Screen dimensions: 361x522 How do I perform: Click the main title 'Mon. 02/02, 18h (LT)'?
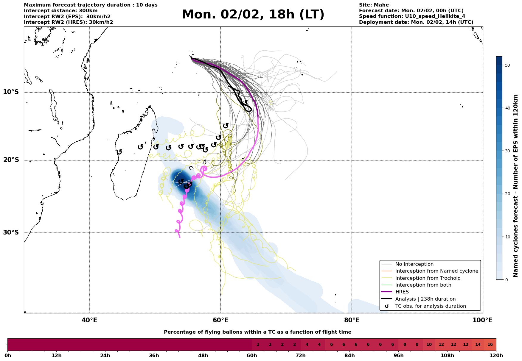coord(253,15)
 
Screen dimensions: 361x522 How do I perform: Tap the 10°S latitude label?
coord(11,92)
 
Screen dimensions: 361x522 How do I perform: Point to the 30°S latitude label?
coord(11,232)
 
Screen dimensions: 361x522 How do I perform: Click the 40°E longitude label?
coord(89,321)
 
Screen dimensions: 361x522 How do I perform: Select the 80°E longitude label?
coord(352,321)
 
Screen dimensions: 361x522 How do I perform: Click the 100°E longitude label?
coord(482,321)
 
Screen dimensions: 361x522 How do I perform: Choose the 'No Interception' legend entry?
coord(414,264)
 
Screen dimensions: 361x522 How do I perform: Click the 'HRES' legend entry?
coord(402,292)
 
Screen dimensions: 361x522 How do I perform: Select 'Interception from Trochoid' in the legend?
coord(428,278)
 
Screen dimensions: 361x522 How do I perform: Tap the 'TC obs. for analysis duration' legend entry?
coord(430,306)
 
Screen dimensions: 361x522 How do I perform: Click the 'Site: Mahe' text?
coord(374,5)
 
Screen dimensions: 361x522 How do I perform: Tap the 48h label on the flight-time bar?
coord(203,356)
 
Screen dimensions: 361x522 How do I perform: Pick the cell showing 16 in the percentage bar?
coord(490,345)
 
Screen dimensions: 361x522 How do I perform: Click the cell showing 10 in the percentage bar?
coord(429,345)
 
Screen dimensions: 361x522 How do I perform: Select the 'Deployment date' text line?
coord(416,22)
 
